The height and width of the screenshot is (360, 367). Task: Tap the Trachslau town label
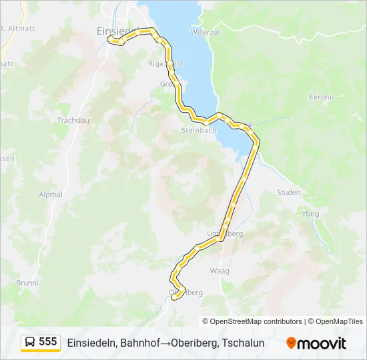click(x=73, y=121)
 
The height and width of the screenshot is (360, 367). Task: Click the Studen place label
click(x=288, y=192)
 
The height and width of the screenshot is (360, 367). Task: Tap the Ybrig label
click(x=310, y=214)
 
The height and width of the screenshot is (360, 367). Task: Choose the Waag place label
click(x=219, y=271)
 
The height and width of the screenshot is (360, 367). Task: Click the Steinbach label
click(x=199, y=131)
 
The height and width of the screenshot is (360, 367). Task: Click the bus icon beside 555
click(x=31, y=343)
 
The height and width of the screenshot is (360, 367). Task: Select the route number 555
click(x=48, y=342)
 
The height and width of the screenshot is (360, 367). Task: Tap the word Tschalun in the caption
click(x=242, y=343)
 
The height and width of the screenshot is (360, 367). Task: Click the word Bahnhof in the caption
click(x=142, y=343)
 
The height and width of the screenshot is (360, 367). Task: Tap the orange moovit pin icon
click(x=291, y=343)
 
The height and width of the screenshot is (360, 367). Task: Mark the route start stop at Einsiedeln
click(x=111, y=39)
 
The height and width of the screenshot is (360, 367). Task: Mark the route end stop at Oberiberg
click(x=174, y=297)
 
